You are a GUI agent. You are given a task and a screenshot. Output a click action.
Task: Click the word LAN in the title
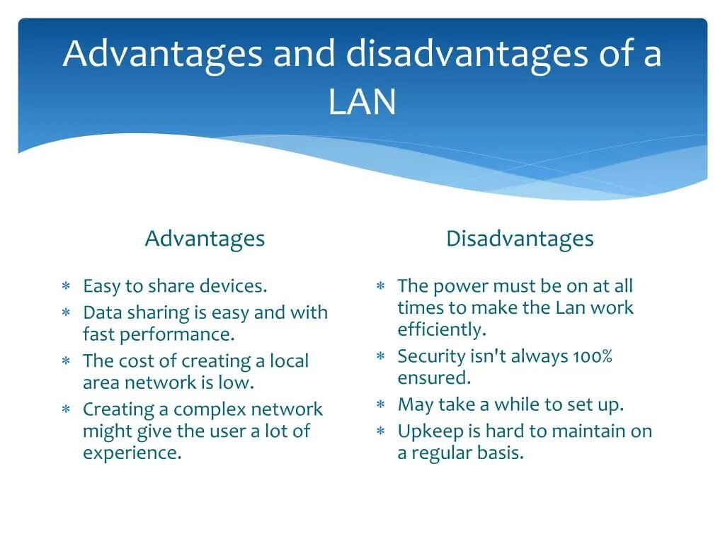(362, 102)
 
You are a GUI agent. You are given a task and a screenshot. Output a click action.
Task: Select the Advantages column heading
(205, 239)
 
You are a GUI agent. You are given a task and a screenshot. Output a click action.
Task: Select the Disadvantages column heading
(520, 239)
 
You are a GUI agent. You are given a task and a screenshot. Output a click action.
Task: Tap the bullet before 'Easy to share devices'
(65, 287)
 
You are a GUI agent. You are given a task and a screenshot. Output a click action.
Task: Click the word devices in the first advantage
(234, 286)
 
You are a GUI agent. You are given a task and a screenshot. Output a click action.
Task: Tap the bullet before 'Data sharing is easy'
(65, 313)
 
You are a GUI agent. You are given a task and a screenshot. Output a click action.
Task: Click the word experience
(132, 453)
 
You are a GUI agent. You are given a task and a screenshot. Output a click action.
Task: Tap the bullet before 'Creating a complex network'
(65, 410)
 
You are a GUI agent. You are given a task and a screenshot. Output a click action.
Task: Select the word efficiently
(442, 330)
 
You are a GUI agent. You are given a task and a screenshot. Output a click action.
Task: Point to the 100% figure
(593, 356)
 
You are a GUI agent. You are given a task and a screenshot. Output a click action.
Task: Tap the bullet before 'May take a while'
(380, 405)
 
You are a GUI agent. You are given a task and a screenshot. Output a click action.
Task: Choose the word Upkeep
(426, 432)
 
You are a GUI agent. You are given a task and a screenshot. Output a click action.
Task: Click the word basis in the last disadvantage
(501, 453)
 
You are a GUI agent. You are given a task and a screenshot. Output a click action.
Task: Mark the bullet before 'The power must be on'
(380, 287)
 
